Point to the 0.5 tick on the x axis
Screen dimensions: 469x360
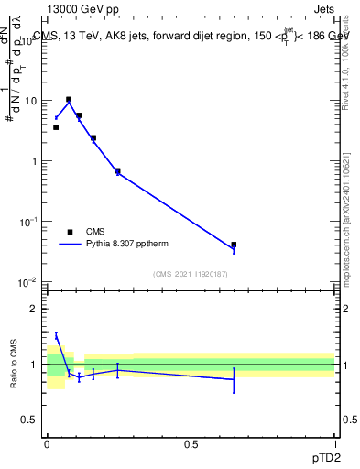[191, 442]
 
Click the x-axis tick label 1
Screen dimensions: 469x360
[334, 442]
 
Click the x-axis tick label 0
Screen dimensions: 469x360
[47, 442]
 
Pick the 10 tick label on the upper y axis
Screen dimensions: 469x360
[31, 101]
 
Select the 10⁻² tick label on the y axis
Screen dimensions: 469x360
[29, 281]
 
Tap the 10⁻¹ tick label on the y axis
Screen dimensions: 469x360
[29, 221]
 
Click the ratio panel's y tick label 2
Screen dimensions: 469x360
[36, 309]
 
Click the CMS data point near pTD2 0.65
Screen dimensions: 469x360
[234, 245]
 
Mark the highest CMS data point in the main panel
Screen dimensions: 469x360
[69, 99]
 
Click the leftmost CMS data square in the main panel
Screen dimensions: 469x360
[56, 127]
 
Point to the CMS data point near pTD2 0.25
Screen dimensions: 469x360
[117, 170]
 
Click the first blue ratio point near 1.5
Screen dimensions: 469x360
[56, 336]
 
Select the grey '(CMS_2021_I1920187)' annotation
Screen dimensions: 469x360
[191, 274]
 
